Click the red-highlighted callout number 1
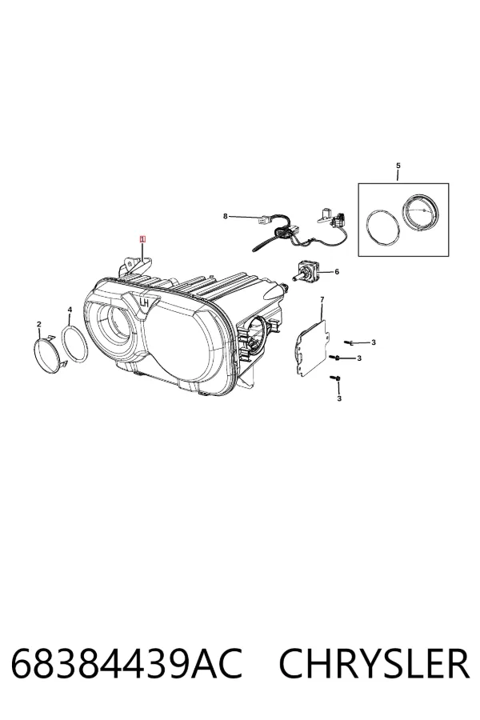[x=143, y=238]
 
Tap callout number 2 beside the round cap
[x=39, y=325]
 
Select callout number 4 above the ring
[x=70, y=310]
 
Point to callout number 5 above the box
[x=398, y=166]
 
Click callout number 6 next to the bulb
[x=337, y=272]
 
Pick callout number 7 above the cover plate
[x=322, y=300]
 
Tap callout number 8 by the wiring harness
[x=225, y=216]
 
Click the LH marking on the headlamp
[x=144, y=302]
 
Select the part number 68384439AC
[x=126, y=663]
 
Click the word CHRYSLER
[x=374, y=663]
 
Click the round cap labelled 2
[x=47, y=353]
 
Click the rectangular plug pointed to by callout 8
[x=262, y=222]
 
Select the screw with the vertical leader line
[x=335, y=378]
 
